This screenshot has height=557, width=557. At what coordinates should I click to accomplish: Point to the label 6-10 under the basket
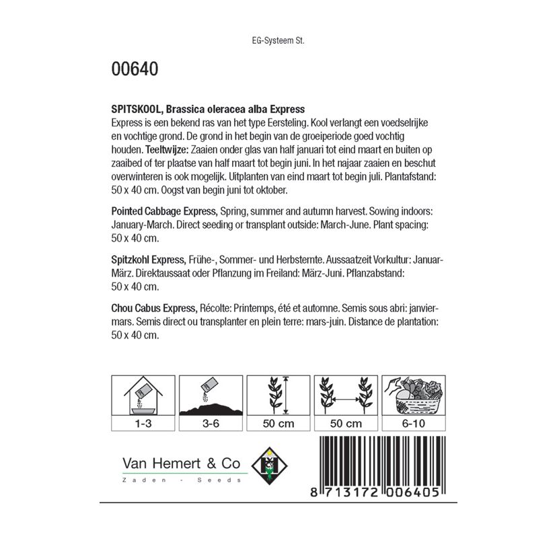coord(412,424)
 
